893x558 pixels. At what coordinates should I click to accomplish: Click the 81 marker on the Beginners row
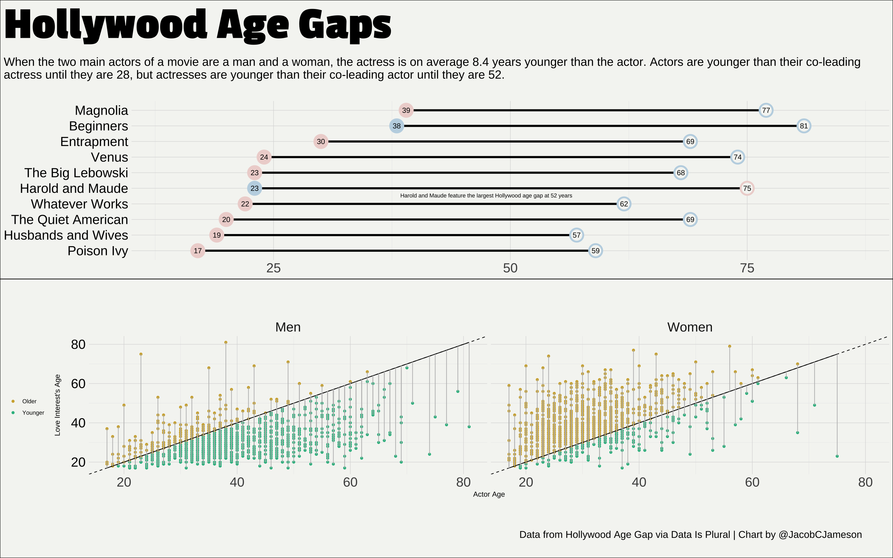[x=804, y=126]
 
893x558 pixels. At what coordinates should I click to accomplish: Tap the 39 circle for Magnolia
[x=406, y=110]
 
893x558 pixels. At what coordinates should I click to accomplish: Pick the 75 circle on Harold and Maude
[x=747, y=188]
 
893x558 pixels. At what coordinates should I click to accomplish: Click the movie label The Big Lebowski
[x=76, y=173]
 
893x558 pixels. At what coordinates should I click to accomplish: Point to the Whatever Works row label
[x=79, y=204]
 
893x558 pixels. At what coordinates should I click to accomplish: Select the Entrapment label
[x=94, y=142]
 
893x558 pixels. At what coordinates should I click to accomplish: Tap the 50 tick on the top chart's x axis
[x=510, y=268]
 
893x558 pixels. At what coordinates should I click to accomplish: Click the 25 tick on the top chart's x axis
[x=273, y=268]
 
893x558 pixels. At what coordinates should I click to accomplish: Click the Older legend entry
[x=29, y=401]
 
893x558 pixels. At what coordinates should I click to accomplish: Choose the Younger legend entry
[x=33, y=413]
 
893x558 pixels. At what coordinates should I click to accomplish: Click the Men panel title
[x=288, y=327]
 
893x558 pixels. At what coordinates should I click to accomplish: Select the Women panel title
[x=690, y=327]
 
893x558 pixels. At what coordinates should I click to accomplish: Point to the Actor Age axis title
[x=489, y=494]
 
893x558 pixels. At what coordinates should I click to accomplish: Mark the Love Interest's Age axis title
[x=58, y=405]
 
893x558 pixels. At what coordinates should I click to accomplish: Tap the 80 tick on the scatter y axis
[x=78, y=345]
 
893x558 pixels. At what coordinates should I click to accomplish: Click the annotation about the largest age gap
[x=486, y=196]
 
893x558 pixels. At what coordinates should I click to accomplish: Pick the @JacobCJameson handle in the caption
[x=820, y=535]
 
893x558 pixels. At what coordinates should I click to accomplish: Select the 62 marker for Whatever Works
[x=624, y=204]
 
